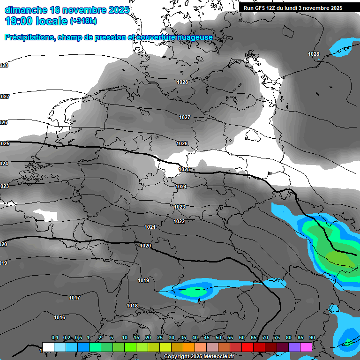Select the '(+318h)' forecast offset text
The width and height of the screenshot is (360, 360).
(x=83, y=22)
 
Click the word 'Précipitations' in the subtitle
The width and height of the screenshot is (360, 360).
(x=28, y=37)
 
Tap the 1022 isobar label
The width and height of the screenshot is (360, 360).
(x=179, y=221)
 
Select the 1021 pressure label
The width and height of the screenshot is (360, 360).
(x=150, y=227)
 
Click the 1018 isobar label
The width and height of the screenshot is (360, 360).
(x=132, y=306)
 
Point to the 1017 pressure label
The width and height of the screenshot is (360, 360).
(x=74, y=298)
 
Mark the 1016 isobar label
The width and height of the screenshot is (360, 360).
(x=60, y=317)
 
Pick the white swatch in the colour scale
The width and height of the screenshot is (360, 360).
(x=48, y=347)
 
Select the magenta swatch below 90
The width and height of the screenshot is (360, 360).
(x=306, y=347)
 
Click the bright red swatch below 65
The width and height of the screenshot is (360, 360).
(x=247, y=347)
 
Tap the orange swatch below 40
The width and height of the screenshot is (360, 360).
(x=189, y=347)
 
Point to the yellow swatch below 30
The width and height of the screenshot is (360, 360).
(x=165, y=347)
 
